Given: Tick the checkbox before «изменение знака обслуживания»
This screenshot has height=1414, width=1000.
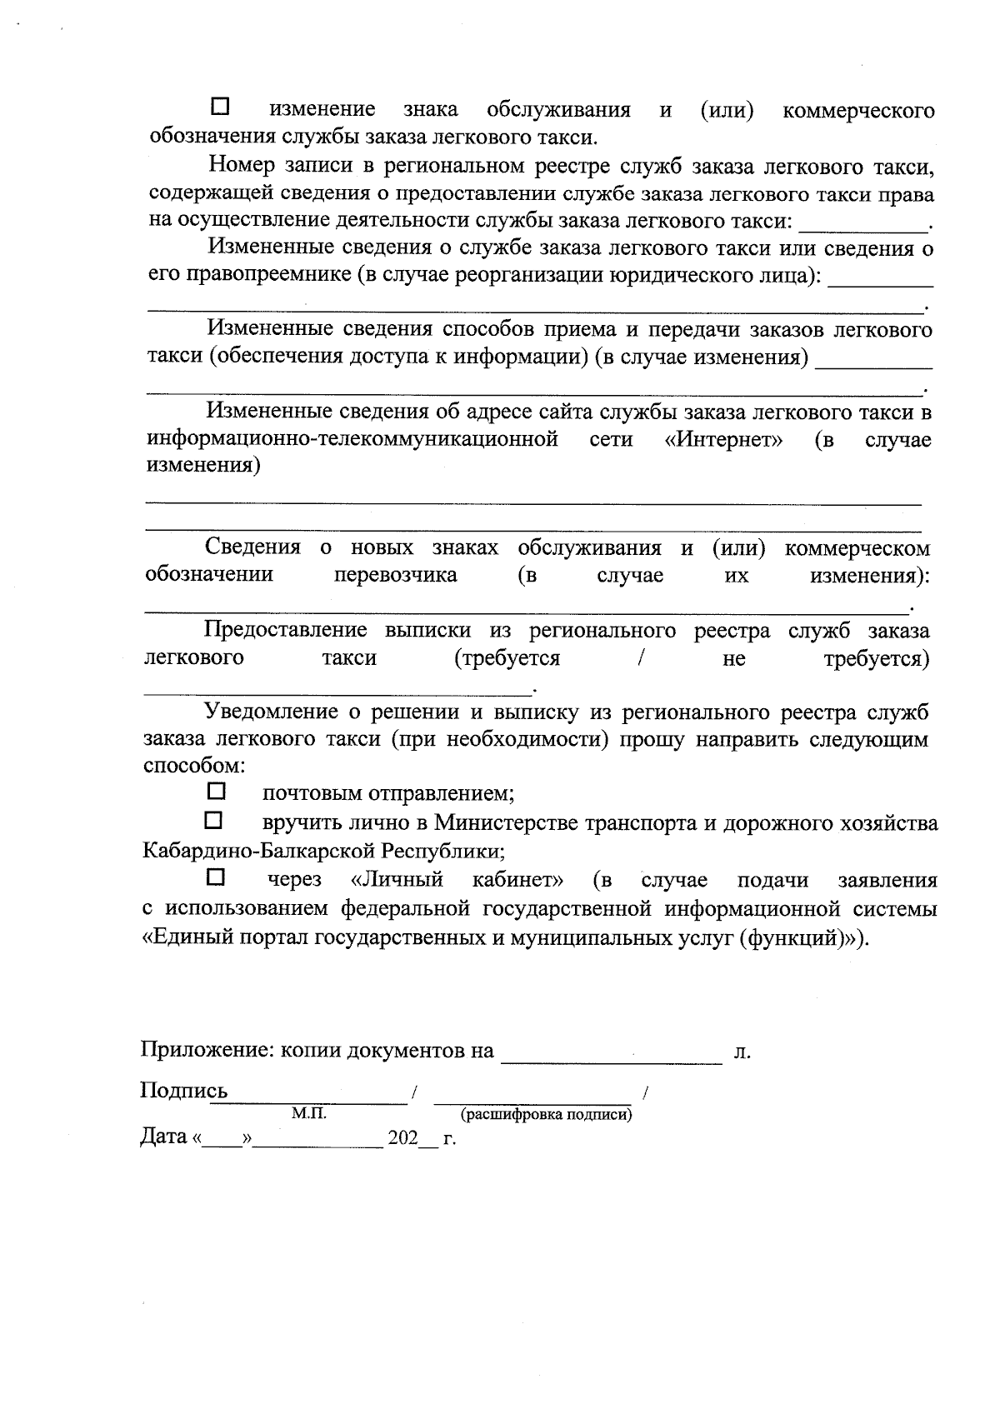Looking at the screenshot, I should [221, 107].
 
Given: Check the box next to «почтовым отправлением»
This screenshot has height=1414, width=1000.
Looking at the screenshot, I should [215, 789].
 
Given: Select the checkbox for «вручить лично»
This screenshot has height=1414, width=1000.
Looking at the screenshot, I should [215, 821].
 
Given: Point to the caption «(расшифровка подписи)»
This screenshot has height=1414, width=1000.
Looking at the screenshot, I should [546, 1115].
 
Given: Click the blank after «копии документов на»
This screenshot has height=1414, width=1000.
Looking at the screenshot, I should [611, 1055].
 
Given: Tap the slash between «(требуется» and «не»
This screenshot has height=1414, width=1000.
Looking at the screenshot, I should [640, 658].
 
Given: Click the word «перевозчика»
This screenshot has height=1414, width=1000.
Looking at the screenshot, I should [395, 575].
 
